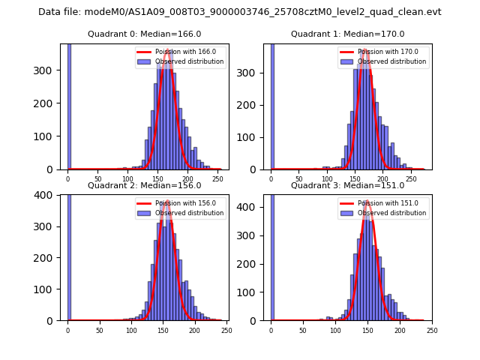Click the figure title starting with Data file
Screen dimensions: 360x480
pos(240,12)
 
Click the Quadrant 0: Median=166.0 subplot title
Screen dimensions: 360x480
pos(145,34)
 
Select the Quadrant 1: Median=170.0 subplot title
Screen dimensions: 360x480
pos(347,34)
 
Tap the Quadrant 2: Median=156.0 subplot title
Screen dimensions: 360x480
pos(145,185)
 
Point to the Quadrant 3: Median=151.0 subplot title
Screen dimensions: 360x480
pos(347,185)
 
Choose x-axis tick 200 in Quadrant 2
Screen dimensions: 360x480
pos(194,331)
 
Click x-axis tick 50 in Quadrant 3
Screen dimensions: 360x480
pos(303,331)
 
